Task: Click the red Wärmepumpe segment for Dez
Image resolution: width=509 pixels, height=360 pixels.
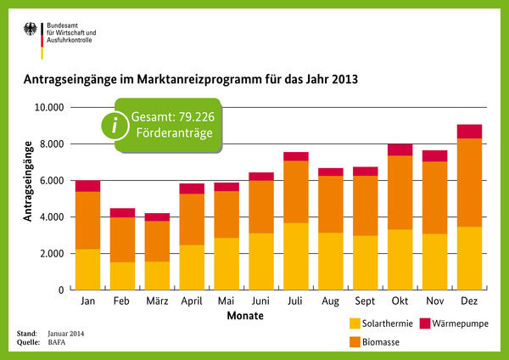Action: (469, 132)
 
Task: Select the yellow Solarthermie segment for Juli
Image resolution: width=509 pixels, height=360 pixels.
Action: (295, 256)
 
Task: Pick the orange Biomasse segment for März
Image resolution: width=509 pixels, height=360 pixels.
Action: (157, 241)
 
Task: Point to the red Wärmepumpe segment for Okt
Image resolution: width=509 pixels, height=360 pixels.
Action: (400, 150)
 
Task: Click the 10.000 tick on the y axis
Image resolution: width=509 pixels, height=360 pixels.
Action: (48, 108)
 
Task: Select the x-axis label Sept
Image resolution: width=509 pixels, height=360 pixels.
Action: (365, 301)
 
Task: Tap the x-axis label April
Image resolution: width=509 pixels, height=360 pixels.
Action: (192, 301)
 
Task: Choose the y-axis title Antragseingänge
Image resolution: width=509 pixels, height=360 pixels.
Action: (27, 181)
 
